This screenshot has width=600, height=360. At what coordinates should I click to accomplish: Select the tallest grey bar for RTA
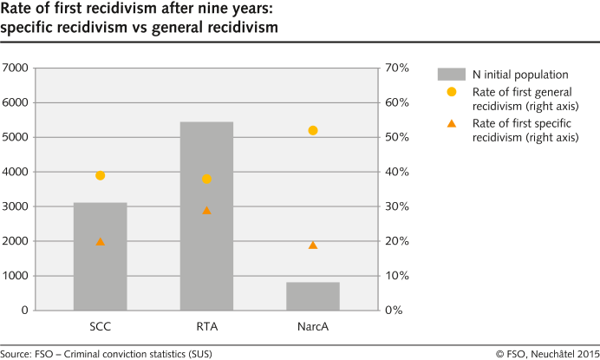coord(206,217)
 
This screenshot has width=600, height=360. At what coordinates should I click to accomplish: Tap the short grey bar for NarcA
coord(313,296)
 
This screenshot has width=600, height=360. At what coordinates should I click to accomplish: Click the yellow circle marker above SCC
coord(101,175)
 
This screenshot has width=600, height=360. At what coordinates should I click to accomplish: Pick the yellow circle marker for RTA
coord(206,179)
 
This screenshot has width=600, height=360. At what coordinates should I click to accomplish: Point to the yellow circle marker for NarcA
coord(313,130)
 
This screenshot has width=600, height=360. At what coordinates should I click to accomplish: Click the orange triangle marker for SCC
coord(101,241)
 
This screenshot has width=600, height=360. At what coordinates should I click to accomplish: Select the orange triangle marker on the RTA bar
coord(206,210)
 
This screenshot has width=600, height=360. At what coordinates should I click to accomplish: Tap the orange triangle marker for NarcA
coord(313,245)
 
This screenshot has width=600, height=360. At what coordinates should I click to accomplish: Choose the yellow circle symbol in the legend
coord(451,92)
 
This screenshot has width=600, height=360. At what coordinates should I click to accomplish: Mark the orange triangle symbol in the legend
coord(451,124)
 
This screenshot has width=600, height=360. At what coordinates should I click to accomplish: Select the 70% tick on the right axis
coord(397,68)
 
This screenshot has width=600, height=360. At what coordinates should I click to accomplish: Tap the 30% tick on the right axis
coord(397,206)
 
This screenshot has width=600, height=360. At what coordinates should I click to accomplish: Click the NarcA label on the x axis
coord(313,327)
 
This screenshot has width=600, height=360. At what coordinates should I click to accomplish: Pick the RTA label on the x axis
coord(206,327)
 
